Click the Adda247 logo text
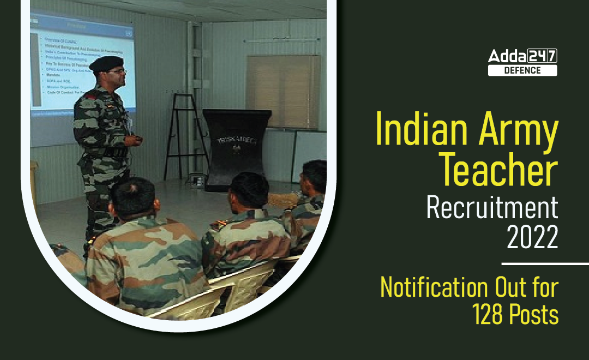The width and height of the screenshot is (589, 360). [522, 56]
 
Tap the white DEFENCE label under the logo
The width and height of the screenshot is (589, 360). [522, 70]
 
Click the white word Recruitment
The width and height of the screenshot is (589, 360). [492, 208]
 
